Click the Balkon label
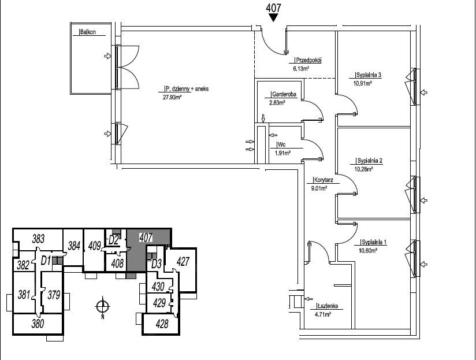tap(88, 32)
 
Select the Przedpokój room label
tap(308, 60)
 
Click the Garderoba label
tap(284, 94)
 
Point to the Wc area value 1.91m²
tap(282, 153)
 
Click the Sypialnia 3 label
tap(368, 75)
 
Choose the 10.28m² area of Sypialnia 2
tap(364, 169)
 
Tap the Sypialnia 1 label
tap(374, 242)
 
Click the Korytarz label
tap(323, 180)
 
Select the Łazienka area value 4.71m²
tap(323, 314)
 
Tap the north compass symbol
tap(103, 307)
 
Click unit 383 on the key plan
tap(38, 239)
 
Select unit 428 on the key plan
tap(162, 324)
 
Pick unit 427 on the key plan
tap(183, 261)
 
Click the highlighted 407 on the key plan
tap(146, 237)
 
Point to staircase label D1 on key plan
tap(46, 261)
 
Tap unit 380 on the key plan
tap(38, 324)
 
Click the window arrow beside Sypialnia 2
tap(424, 201)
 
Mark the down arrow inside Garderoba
tap(263, 118)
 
